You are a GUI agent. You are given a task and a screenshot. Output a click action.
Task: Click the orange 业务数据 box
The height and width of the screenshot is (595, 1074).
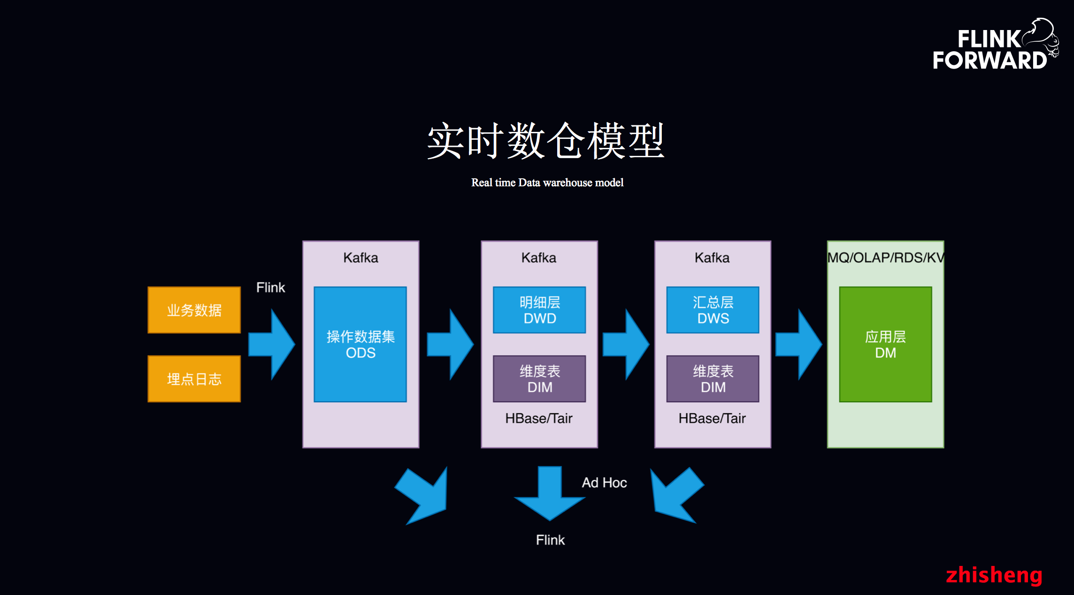[x=194, y=310]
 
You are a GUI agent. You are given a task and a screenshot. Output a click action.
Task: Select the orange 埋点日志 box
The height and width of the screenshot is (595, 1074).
[x=194, y=379]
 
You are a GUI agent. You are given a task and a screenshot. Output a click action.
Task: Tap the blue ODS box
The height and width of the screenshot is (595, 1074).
[x=360, y=344]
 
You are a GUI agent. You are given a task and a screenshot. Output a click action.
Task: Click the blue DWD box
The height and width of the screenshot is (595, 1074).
[x=539, y=310]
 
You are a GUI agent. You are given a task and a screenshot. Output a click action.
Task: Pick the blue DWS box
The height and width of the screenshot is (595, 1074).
[x=713, y=310]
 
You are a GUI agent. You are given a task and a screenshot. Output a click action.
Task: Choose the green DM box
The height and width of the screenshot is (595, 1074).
[x=885, y=344]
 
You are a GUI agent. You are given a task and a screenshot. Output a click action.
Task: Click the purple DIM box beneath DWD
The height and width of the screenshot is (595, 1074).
[x=539, y=379]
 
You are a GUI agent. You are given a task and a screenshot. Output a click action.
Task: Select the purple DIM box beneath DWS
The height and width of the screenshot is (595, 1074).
[x=713, y=379]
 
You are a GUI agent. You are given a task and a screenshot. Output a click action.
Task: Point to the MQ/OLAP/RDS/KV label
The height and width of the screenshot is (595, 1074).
[x=885, y=258]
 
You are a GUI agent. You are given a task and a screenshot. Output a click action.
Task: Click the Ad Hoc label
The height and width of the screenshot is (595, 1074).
[x=604, y=482]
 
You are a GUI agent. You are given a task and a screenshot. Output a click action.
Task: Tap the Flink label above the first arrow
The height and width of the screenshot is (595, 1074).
[x=270, y=287]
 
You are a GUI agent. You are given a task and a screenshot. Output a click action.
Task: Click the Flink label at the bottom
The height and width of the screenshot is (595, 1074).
[x=550, y=540]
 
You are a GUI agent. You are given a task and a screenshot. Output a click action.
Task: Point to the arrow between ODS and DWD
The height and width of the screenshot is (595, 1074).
[x=450, y=344]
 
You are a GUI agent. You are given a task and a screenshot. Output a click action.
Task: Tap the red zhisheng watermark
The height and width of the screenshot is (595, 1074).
[x=994, y=575]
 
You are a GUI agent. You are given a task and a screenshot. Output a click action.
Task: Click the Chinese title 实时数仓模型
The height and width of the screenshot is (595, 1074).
[x=546, y=141]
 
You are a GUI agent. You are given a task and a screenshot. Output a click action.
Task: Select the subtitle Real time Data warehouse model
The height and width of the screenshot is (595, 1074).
[x=547, y=183]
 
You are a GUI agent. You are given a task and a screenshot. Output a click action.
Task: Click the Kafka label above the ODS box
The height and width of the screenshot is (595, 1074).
[x=361, y=258]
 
